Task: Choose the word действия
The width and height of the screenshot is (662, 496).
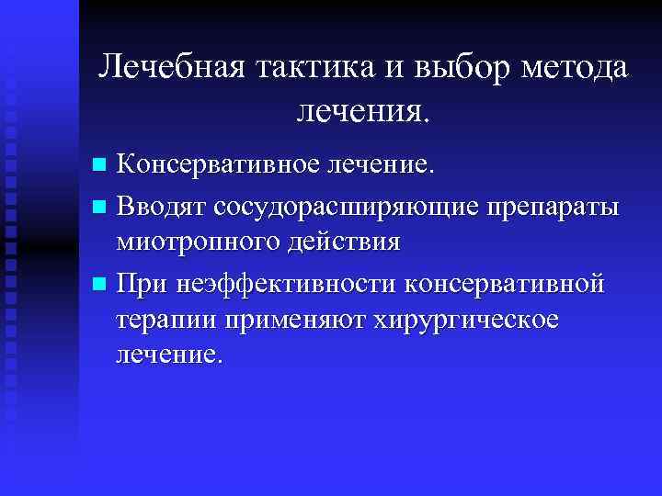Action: (342, 242)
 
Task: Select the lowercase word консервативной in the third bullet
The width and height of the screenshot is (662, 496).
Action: (507, 284)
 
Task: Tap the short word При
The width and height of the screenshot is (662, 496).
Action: (143, 284)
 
